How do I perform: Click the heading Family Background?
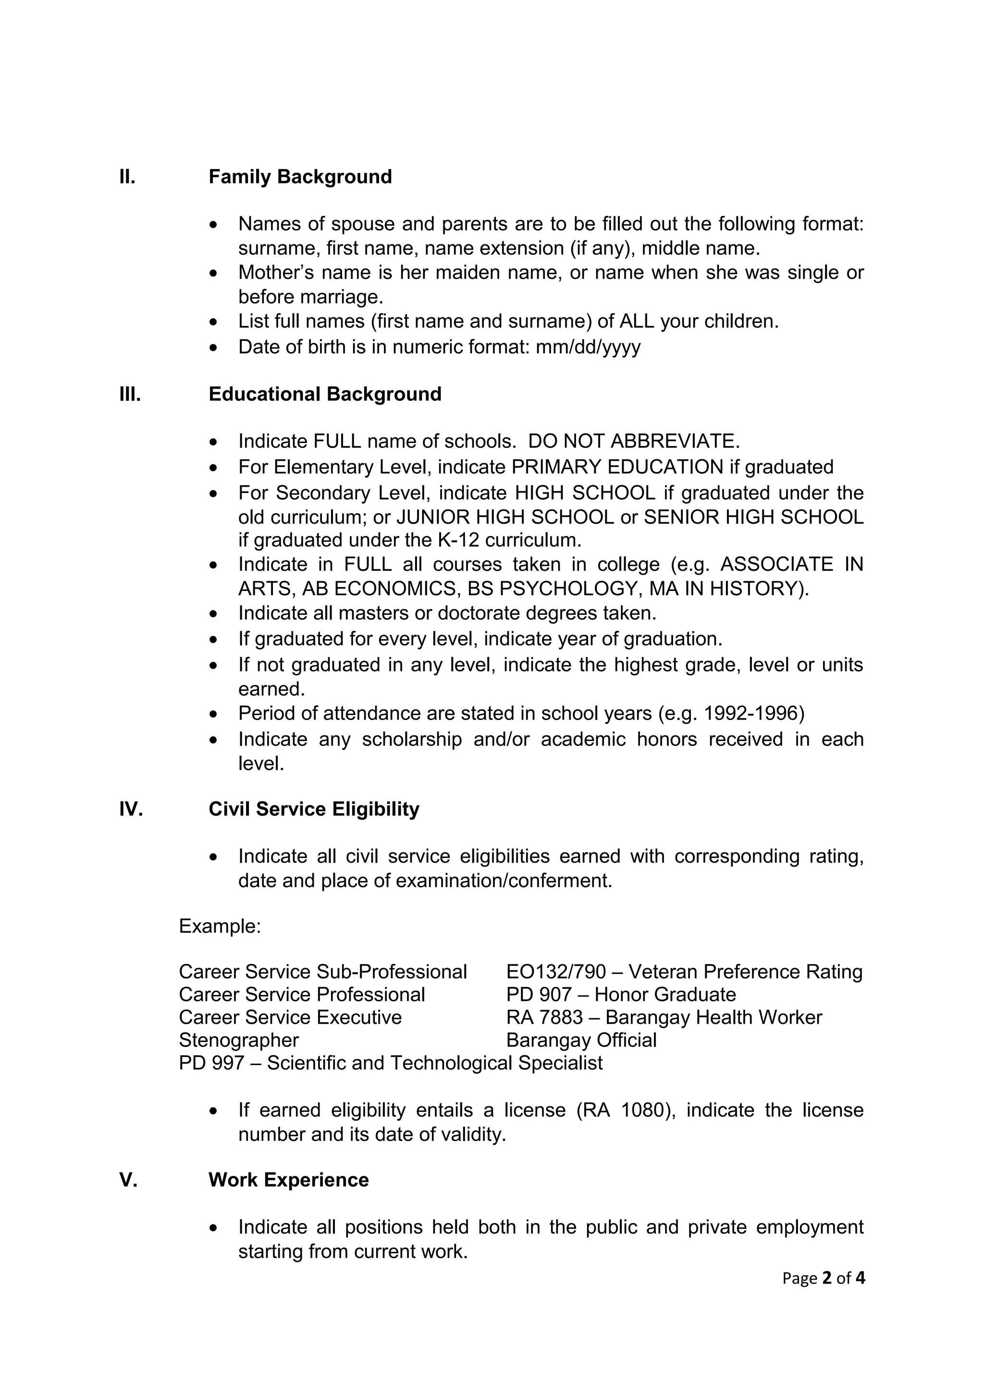click(300, 177)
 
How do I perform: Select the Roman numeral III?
click(130, 395)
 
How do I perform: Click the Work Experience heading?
click(289, 1180)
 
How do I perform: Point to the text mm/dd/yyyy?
click(588, 347)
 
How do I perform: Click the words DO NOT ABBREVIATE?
click(634, 441)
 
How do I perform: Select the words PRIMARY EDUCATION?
click(617, 467)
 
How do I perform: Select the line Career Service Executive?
click(290, 1017)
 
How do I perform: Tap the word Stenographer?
click(238, 1040)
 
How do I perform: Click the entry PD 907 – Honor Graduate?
click(621, 995)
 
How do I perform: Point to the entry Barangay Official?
click(581, 1040)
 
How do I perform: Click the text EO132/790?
click(555, 972)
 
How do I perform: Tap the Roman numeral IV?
click(131, 809)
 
